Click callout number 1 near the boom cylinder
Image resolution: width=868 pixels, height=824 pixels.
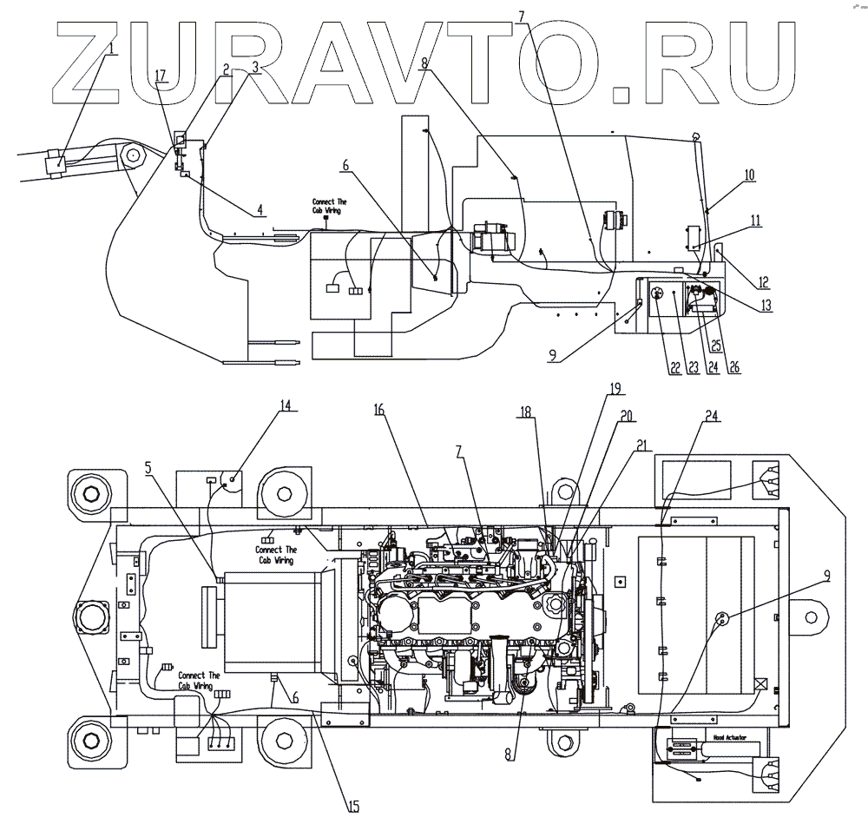tap(112, 47)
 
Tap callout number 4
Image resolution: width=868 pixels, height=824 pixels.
tap(260, 208)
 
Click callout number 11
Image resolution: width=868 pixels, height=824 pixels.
tap(757, 221)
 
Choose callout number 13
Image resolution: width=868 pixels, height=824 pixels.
tap(763, 305)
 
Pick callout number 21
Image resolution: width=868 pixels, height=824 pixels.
tap(641, 446)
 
